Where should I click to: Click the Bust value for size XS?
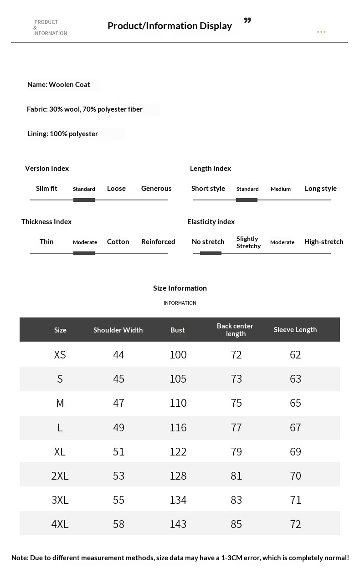pos(178,354)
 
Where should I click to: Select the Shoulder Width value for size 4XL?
pos(118,524)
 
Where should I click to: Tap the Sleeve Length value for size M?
pos(295,403)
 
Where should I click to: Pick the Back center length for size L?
pos(236,427)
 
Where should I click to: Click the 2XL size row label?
pos(60,476)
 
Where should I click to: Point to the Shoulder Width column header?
pos(118,330)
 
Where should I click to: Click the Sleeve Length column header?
pos(295,329)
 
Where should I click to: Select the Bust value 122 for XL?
pos(178,451)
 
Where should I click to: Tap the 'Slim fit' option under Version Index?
pos(46,188)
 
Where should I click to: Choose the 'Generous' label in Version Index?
pos(156,188)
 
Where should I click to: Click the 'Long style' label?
pos(321,188)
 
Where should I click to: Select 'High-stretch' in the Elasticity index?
pos(324,241)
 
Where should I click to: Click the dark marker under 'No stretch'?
pos(211,253)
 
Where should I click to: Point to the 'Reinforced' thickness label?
pos(158,241)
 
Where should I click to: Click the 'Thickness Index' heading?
pos(46,221)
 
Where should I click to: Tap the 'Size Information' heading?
pos(180,288)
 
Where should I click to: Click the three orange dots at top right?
pos(321,32)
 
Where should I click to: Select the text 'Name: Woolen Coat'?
pos(59,84)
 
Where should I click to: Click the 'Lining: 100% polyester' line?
pos(63,133)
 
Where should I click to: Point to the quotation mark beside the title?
pos(247,21)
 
